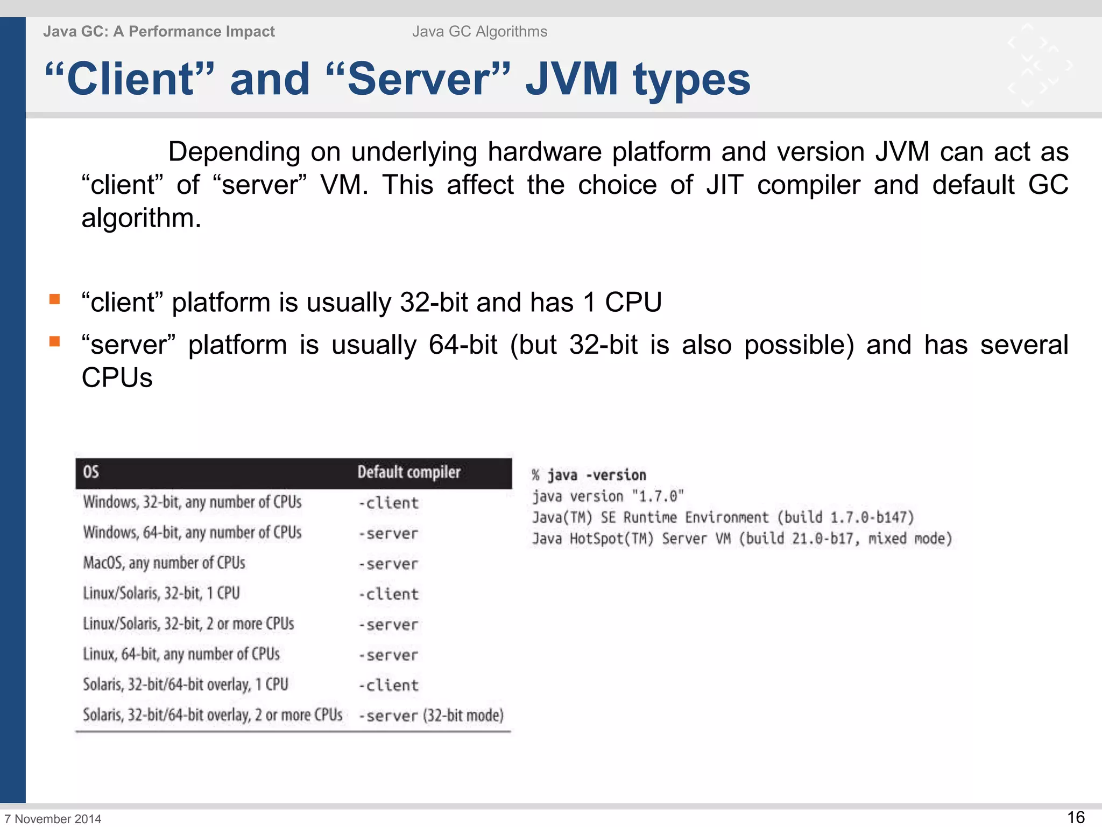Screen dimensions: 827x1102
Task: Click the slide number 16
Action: click(1076, 817)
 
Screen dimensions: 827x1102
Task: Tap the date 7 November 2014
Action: click(53, 819)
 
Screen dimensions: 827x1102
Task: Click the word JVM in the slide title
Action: click(571, 79)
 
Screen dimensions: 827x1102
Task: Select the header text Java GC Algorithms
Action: click(479, 32)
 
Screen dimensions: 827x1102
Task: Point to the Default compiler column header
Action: click(409, 472)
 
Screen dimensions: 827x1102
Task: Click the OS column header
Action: click(91, 472)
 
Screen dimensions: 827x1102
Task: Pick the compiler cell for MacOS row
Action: click(388, 564)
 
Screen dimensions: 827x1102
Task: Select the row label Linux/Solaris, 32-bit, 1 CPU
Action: click(161, 593)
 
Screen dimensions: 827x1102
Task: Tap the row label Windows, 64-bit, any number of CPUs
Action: click(192, 532)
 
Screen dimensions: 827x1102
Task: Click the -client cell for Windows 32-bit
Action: click(388, 503)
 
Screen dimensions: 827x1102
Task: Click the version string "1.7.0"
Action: click(658, 496)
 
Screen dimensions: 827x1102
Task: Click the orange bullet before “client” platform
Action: click(54, 299)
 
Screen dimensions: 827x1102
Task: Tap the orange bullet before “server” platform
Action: click(54, 342)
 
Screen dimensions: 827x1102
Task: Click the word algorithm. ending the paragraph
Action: click(141, 219)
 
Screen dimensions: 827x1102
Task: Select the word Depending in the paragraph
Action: click(234, 152)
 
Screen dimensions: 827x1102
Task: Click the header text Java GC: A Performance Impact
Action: click(159, 32)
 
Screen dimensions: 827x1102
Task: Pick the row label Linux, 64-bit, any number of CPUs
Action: click(181, 654)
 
